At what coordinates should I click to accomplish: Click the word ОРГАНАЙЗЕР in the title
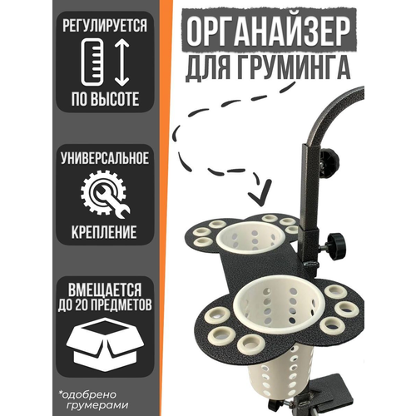[268, 31]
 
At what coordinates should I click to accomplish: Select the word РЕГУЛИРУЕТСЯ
[105, 26]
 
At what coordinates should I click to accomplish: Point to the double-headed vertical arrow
[121, 62]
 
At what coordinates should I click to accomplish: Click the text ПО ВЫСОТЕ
[105, 99]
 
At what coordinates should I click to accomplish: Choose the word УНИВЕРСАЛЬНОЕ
[105, 159]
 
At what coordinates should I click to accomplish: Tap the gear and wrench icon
[106, 195]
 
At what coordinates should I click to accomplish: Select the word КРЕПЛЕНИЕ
[104, 232]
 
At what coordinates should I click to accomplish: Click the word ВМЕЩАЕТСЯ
[105, 290]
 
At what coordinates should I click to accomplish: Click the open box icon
[105, 344]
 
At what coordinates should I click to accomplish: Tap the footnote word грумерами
[97, 405]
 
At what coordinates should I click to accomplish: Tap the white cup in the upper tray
[250, 239]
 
